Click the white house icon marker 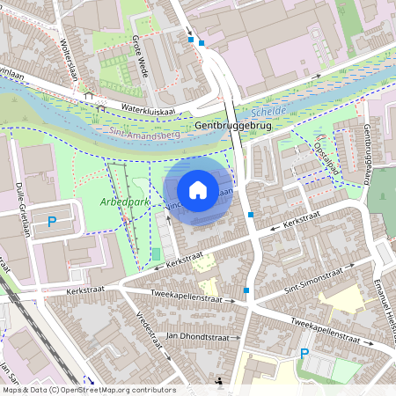tap(198, 189)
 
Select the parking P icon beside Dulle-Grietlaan tap(51, 223)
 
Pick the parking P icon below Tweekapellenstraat tap(304, 354)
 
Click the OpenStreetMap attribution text tap(88, 390)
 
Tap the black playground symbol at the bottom tap(219, 381)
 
